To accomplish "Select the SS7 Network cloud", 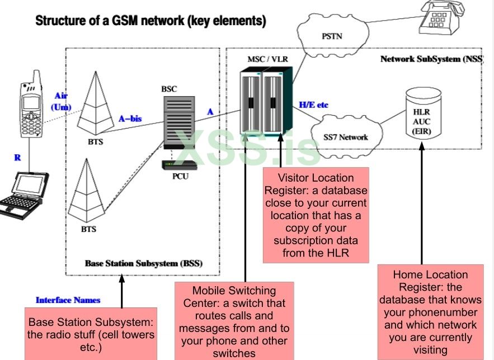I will pyautogui.click(x=345, y=136).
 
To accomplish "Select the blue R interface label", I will pyautogui.click(x=17, y=158).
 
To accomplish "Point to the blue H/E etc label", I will pyautogui.click(x=314, y=105).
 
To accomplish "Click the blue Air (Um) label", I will pyautogui.click(x=60, y=101).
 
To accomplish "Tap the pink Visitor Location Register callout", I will pyautogui.click(x=316, y=215).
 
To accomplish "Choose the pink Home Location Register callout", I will pyautogui.click(x=430, y=312).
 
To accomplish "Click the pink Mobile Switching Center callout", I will pyautogui.click(x=234, y=321).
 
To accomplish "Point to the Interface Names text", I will pyautogui.click(x=68, y=300).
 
